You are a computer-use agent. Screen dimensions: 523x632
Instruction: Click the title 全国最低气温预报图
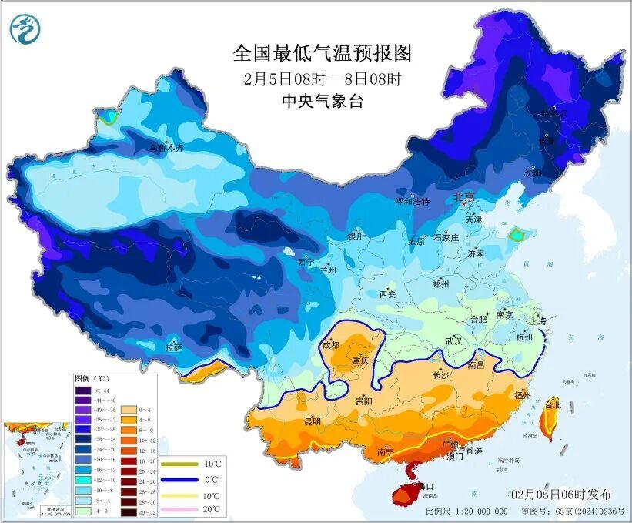323,53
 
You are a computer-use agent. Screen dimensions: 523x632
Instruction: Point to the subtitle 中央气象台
322,100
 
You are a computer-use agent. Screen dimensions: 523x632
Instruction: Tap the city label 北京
464,197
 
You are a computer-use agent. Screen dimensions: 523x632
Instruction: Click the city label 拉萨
174,347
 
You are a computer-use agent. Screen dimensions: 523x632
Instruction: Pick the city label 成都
332,345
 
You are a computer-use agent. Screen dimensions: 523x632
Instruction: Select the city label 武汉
453,340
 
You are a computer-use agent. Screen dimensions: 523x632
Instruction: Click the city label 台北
553,404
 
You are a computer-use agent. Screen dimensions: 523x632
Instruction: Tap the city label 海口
424,486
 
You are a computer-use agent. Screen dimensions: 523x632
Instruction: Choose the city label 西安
386,294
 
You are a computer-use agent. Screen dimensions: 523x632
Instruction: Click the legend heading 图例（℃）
92,379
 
